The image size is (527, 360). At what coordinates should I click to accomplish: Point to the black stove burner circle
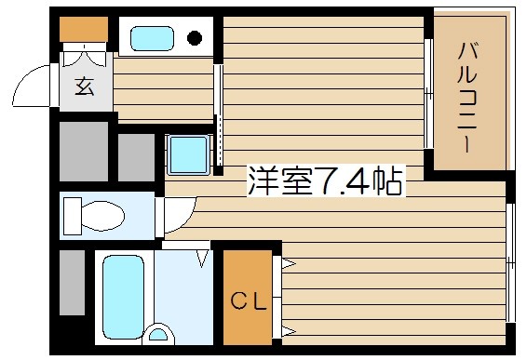pyautogui.click(x=196, y=38)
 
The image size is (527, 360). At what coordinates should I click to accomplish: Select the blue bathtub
pyautogui.click(x=121, y=296)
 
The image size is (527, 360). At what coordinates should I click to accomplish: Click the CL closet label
pyautogui.click(x=249, y=301)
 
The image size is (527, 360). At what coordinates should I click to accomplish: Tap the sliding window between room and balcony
pyautogui.click(x=428, y=93)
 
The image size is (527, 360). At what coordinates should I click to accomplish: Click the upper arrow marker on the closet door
pyautogui.click(x=288, y=266)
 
